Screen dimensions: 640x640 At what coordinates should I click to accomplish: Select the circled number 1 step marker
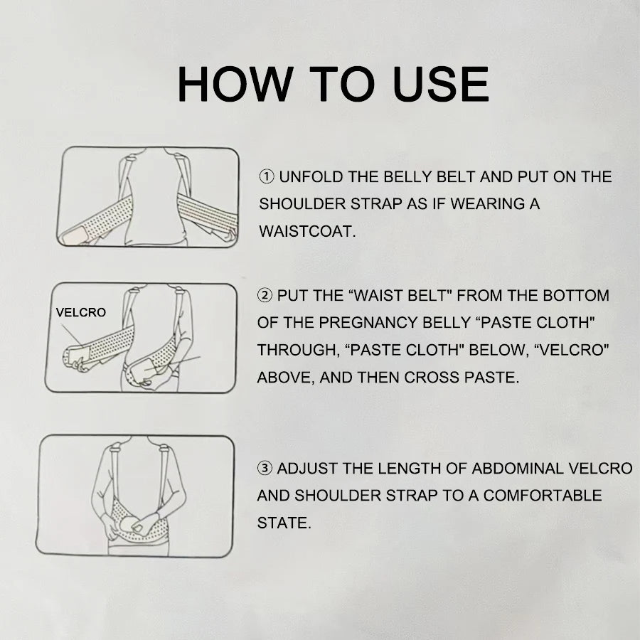(x=267, y=177)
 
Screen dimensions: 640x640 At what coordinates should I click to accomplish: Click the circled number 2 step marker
(x=265, y=295)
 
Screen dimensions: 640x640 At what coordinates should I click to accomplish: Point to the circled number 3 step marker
(x=265, y=468)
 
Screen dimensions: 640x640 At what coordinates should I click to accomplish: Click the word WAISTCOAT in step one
(x=307, y=231)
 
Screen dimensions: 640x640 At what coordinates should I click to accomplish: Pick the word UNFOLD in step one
(x=311, y=177)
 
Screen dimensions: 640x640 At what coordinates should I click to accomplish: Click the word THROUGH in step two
(x=298, y=350)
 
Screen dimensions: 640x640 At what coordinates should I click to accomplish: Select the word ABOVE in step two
(x=285, y=378)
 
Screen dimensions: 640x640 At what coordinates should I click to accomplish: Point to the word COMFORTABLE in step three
(x=543, y=496)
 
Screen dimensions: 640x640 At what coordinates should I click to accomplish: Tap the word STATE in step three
(x=284, y=523)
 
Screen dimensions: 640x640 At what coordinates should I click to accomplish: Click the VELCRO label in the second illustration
(x=81, y=312)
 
